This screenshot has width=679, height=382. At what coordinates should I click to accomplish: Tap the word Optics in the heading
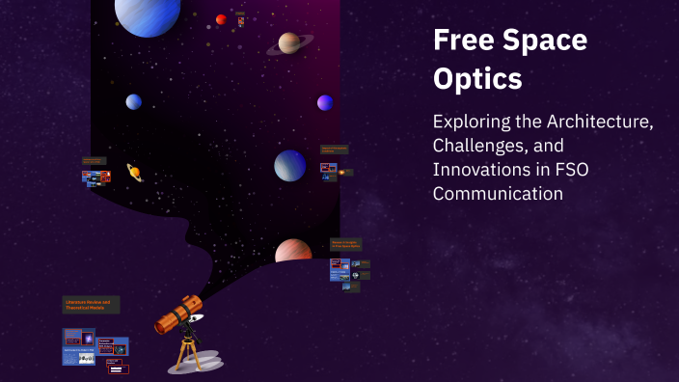pyautogui.click(x=477, y=80)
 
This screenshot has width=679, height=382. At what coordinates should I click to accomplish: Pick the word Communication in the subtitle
pyautogui.click(x=497, y=192)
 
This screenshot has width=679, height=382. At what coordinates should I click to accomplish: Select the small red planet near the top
pyautogui.click(x=222, y=19)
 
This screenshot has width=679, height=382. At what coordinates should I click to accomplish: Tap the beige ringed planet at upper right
pyautogui.click(x=289, y=42)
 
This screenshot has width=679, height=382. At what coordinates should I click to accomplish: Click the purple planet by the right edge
pyautogui.click(x=325, y=102)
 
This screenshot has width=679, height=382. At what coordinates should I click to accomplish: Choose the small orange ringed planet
pyautogui.click(x=134, y=173)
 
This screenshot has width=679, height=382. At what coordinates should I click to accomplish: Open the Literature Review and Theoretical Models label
pyautogui.click(x=91, y=305)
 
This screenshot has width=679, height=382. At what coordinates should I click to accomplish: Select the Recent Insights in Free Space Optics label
pyautogui.click(x=345, y=245)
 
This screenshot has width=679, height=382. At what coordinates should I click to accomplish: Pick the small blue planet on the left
pyautogui.click(x=133, y=101)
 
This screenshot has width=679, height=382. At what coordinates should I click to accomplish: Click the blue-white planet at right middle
pyautogui.click(x=289, y=165)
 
